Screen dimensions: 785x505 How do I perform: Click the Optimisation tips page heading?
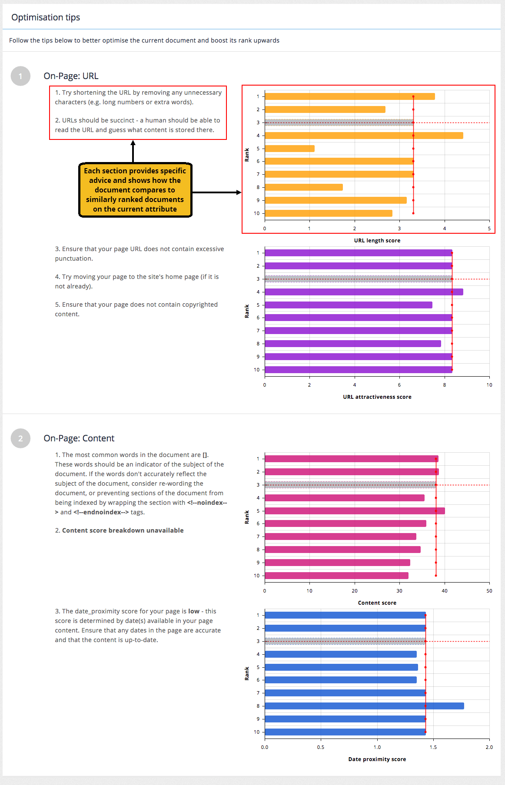(46, 17)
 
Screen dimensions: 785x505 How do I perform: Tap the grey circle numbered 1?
(20, 76)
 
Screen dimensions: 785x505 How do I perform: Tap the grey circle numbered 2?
(20, 438)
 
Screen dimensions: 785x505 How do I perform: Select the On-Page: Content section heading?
(79, 438)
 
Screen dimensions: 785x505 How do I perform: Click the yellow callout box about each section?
(135, 190)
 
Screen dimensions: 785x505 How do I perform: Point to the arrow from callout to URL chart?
(216, 192)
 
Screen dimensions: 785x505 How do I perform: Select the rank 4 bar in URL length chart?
(363, 136)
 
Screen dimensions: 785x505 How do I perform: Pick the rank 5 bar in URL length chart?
(289, 149)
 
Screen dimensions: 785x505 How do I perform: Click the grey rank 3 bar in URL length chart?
(339, 123)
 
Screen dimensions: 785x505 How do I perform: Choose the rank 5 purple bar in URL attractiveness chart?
(348, 305)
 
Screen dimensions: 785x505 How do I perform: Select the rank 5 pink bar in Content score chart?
(354, 511)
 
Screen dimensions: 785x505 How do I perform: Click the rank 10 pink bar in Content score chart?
(336, 576)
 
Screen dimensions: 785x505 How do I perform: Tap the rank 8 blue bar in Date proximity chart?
(364, 706)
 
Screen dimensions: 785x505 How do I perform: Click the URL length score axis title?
(377, 241)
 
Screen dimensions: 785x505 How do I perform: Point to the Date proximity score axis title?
(377, 759)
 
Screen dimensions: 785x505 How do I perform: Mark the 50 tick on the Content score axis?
(489, 591)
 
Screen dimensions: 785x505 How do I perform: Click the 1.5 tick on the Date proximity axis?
(433, 747)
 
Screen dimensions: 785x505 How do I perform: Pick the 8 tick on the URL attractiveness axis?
(444, 385)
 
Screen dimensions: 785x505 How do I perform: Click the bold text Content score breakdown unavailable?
(123, 530)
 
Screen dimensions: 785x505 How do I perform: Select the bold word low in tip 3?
(194, 611)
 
